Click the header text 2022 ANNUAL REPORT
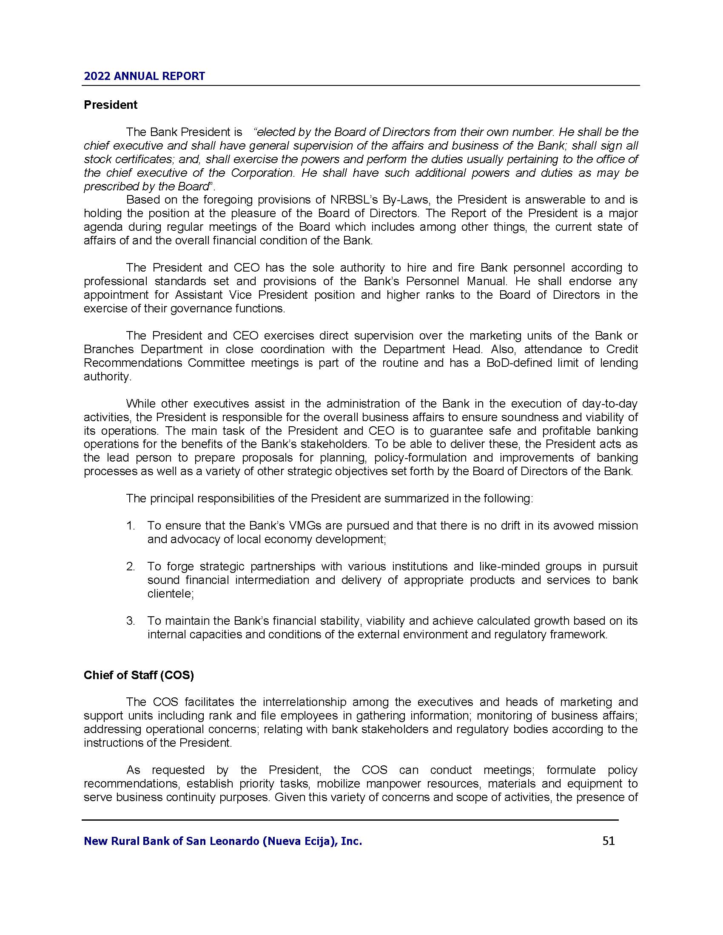(144, 76)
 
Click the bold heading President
(111, 105)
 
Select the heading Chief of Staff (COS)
(139, 675)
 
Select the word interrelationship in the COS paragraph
(304, 702)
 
